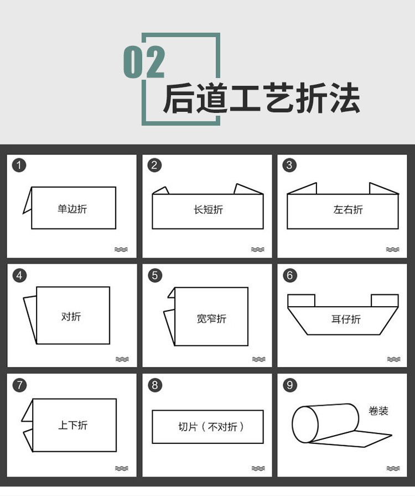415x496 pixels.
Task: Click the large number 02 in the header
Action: click(144, 61)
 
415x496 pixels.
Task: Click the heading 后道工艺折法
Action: click(261, 99)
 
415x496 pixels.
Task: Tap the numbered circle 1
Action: click(19, 165)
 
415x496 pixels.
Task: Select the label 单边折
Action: click(72, 209)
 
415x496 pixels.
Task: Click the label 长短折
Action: click(208, 210)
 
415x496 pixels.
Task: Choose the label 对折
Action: click(71, 317)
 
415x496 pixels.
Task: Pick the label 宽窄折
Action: click(211, 319)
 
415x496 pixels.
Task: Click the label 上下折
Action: click(72, 426)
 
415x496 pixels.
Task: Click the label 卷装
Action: click(378, 411)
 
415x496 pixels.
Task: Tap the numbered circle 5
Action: click(155, 275)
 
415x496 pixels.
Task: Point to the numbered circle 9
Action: click(289, 384)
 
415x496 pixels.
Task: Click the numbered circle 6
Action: click(290, 275)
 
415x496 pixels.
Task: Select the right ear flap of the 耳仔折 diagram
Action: click(384, 301)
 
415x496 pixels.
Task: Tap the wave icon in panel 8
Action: click(258, 468)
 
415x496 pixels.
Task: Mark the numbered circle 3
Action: click(289, 165)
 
